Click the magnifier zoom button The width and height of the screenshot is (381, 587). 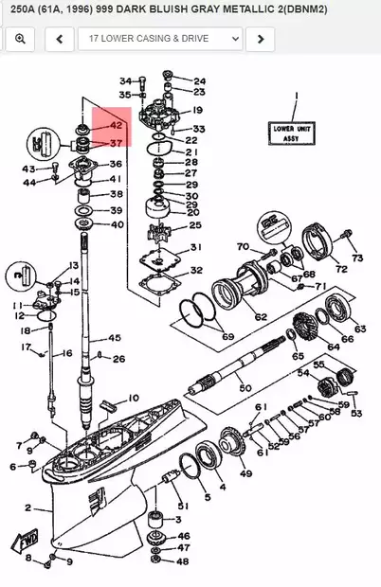coord(20,39)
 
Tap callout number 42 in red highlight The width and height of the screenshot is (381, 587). coord(116,125)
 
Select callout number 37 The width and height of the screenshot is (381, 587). coord(116,144)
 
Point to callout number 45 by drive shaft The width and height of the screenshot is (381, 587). coord(115,338)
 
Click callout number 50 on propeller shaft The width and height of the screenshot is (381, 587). coord(245,389)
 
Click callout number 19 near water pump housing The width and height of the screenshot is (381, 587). coord(198,111)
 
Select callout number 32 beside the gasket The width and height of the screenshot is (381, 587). coord(195,271)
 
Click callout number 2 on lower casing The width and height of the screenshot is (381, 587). coord(27,507)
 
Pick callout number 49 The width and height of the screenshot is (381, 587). coord(245,473)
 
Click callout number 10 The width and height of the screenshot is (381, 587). coord(133,399)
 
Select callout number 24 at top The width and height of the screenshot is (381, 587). coord(199,81)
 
